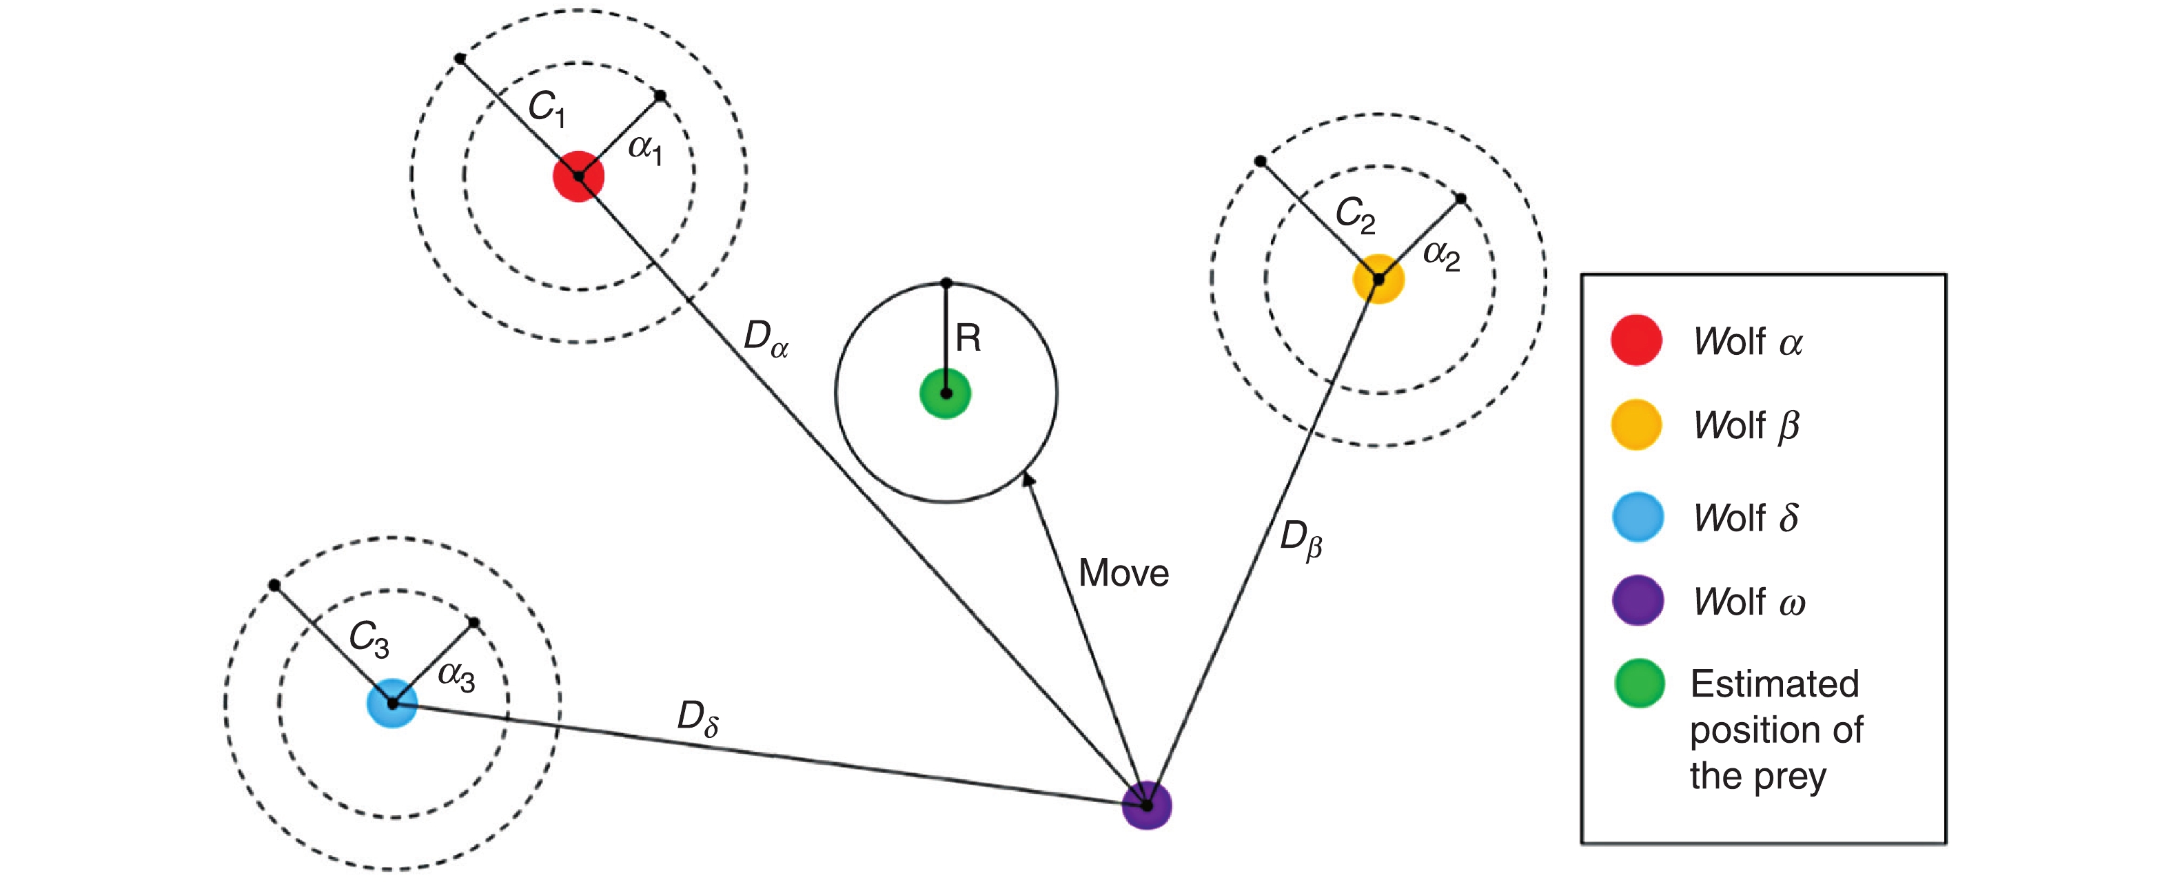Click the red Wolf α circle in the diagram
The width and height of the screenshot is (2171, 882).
pos(578,176)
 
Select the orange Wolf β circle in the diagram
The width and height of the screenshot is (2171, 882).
pos(1378,278)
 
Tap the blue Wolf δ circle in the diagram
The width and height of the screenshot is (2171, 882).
pos(392,703)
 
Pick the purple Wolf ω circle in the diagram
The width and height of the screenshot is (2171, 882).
pos(1146,806)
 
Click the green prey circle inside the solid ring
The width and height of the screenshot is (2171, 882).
pos(946,393)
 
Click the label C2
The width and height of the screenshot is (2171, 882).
pos(1355,216)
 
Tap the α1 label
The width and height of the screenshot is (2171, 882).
pos(646,150)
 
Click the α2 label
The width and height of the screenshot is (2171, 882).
pos(1441,254)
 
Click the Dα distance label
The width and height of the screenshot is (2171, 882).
pos(765,338)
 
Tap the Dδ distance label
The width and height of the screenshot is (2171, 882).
pos(697,719)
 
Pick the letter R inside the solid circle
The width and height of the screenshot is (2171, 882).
pos(968,338)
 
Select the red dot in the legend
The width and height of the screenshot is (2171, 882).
pos(1636,340)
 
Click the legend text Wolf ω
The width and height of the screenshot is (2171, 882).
pos(1749,602)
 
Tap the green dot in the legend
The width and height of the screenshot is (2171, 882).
pos(1639,683)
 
